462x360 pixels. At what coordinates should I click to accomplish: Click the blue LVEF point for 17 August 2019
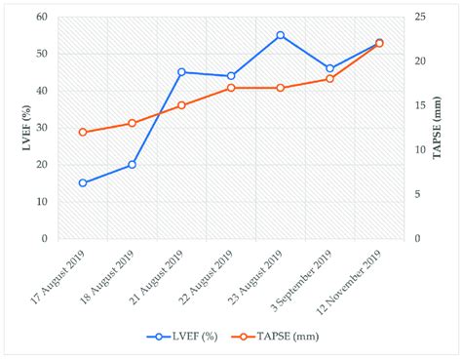[x=83, y=182]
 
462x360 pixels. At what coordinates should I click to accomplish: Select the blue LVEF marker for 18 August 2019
[x=132, y=165]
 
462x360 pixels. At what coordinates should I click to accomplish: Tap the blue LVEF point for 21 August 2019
[x=181, y=72]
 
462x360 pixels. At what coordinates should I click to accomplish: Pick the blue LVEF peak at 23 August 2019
[x=280, y=35]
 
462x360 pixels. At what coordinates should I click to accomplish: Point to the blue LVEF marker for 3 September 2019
[x=329, y=68]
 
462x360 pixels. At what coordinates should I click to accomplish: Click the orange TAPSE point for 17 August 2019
[x=83, y=132]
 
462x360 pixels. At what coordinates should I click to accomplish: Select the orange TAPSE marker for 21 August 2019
[x=181, y=105]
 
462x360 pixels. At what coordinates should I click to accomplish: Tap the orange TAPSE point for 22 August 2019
[x=231, y=88]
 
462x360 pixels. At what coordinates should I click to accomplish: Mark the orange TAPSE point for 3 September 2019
[x=329, y=78]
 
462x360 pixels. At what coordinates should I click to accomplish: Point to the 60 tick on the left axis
[x=43, y=17]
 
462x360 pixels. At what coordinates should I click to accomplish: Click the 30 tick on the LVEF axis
[x=43, y=128]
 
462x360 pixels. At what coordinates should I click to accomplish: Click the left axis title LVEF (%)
[x=17, y=127]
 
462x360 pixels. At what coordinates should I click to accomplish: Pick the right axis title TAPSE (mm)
[x=444, y=127]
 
